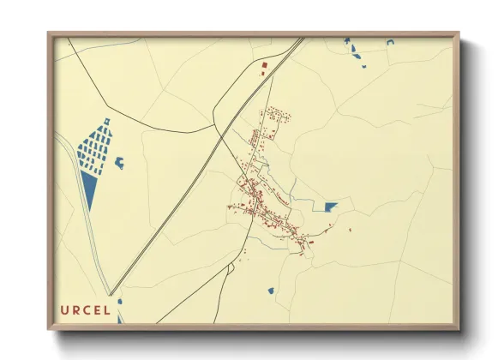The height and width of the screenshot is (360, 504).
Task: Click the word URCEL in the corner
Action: tap(85, 310)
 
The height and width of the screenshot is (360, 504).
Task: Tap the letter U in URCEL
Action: tap(64, 310)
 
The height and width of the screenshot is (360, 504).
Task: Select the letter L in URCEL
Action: tap(106, 310)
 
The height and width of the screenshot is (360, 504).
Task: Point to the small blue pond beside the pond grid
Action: tap(119, 162)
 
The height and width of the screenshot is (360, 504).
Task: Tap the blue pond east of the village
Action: tap(330, 206)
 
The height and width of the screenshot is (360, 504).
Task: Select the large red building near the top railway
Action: tap(264, 65)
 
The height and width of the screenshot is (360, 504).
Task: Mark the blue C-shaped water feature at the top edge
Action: tap(389, 41)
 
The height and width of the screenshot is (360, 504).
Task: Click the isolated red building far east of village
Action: tap(351, 229)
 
